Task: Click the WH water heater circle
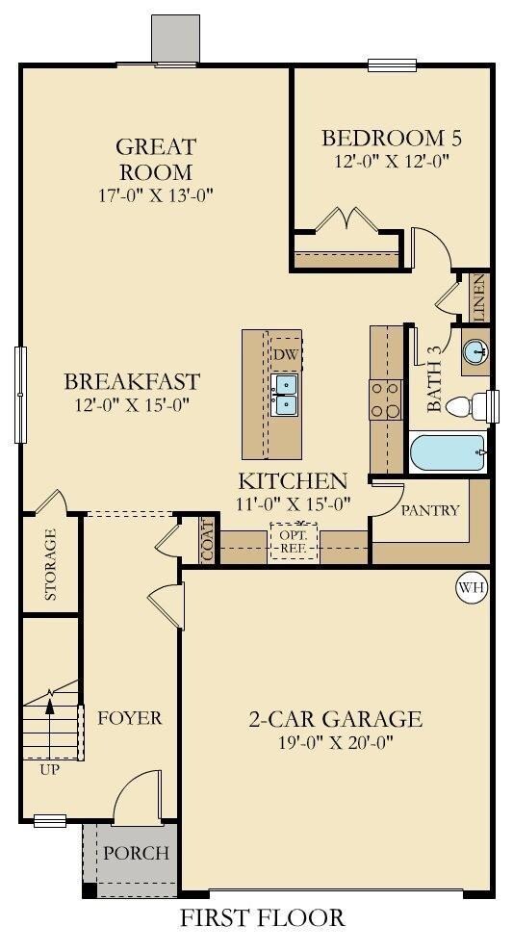click(x=472, y=587)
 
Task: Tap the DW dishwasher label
click(x=284, y=354)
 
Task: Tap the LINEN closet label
click(x=479, y=296)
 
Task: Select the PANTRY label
click(x=430, y=510)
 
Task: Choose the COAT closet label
click(x=208, y=542)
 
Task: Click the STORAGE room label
click(x=51, y=564)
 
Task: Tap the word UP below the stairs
click(x=50, y=770)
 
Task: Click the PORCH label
click(x=136, y=853)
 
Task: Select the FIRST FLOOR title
click(x=263, y=916)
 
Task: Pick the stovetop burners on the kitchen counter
click(x=386, y=399)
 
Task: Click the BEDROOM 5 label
click(x=392, y=139)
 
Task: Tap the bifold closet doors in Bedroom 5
click(x=346, y=218)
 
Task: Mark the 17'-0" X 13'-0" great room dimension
click(x=157, y=195)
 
